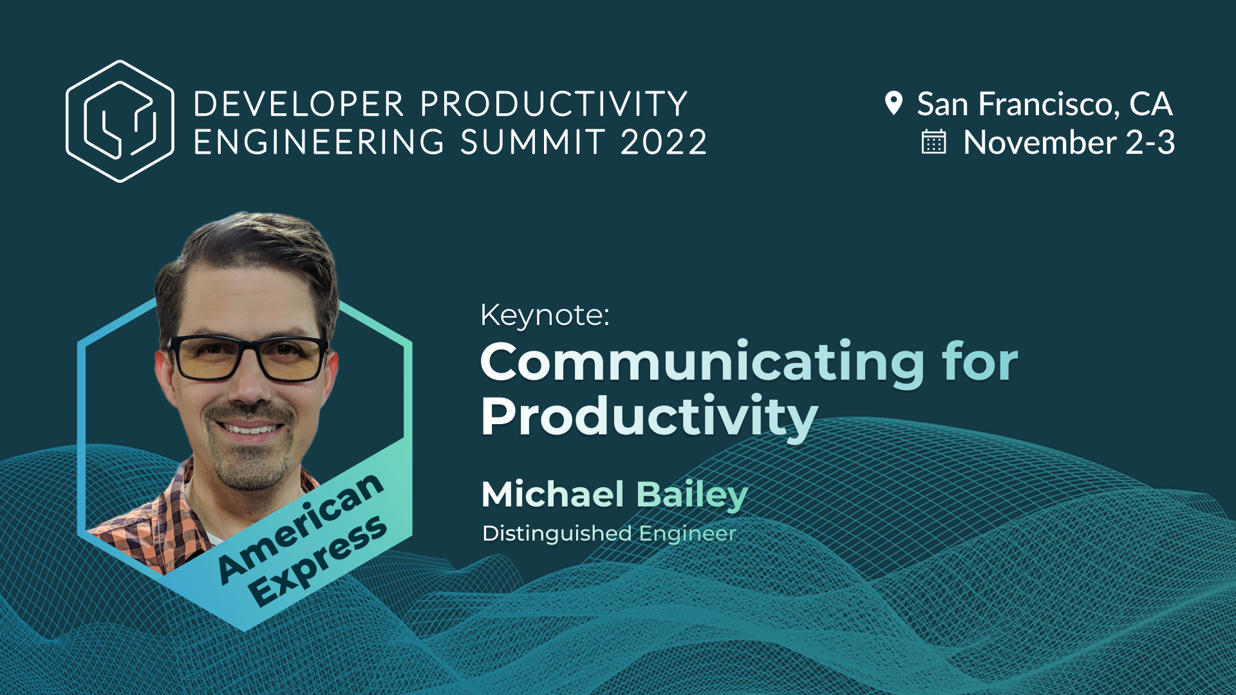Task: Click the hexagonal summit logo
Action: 120,121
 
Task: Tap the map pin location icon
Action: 894,103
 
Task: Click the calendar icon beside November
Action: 933,142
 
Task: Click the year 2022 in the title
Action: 664,142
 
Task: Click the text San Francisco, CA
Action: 1044,104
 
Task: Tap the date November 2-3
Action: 1069,142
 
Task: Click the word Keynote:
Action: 545,315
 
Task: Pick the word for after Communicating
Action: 980,363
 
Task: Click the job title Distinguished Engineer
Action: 609,533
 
